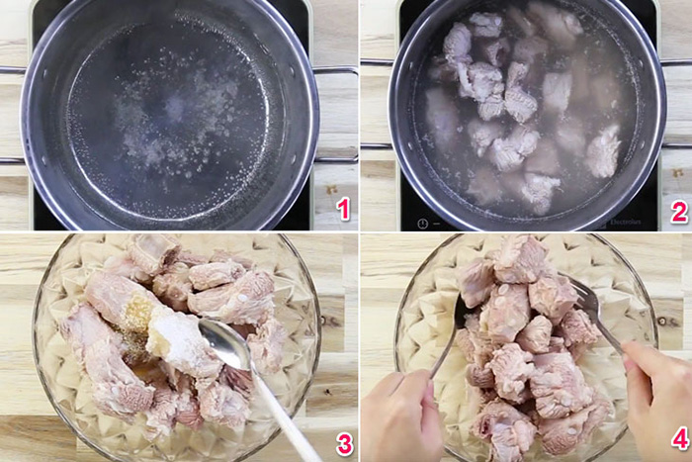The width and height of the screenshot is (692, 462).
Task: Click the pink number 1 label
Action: [x=343, y=209]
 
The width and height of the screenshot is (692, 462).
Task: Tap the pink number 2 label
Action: [x=678, y=211]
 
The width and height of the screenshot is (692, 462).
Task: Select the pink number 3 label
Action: [x=343, y=443]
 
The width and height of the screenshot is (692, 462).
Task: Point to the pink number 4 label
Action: [x=678, y=438]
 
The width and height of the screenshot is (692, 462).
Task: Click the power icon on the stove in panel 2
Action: [x=422, y=223]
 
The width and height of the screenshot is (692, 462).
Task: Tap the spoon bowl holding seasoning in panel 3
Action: [x=225, y=346]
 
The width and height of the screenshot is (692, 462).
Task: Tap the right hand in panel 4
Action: [x=657, y=396]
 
